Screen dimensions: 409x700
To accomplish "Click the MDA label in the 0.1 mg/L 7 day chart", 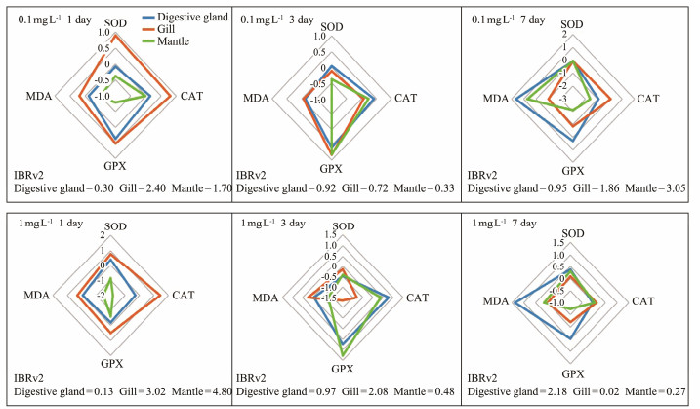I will pos(499,98).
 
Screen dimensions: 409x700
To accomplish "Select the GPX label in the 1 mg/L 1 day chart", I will pos(113,364).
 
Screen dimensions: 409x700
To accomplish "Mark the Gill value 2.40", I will pos(144,188).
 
